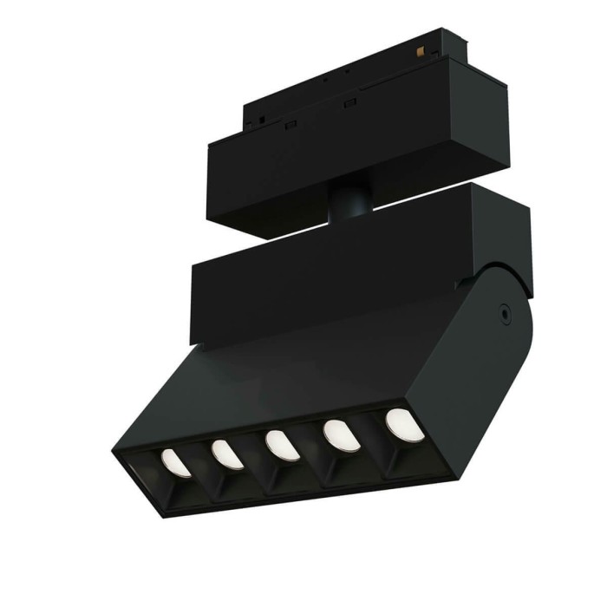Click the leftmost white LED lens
176,463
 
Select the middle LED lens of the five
283,445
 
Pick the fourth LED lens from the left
341,435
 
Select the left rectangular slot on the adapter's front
290,125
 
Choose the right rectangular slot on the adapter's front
350,104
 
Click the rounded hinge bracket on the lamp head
486,347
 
